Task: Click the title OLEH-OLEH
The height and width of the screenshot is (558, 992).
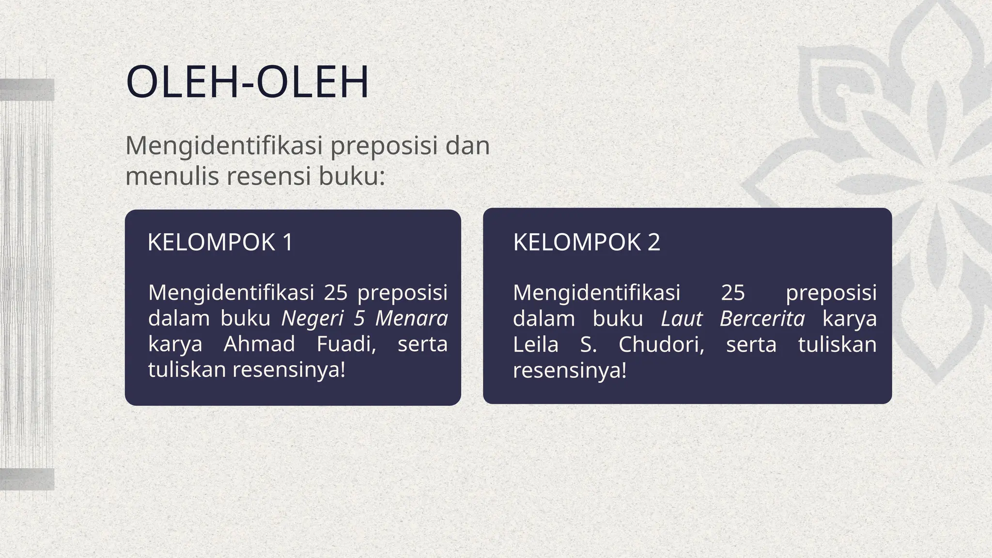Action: [247, 82]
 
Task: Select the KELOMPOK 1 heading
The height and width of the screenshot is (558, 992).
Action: [220, 242]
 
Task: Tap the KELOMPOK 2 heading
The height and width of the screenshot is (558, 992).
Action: [587, 242]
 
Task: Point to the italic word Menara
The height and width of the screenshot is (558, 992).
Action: [411, 319]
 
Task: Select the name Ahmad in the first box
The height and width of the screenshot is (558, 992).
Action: [259, 344]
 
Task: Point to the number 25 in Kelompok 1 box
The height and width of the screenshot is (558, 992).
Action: [336, 293]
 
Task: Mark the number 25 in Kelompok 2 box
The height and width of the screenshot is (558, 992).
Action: [733, 293]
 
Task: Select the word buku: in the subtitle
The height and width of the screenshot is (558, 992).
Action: [352, 176]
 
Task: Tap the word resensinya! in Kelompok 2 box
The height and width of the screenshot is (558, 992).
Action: [570, 371]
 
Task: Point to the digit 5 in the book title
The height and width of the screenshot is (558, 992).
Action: [359, 319]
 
